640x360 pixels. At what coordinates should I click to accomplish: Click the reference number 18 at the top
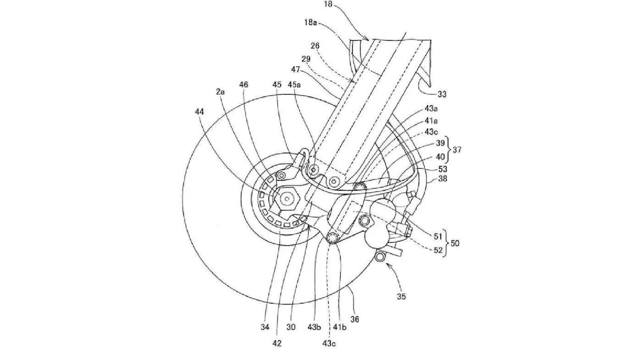(x=328, y=4)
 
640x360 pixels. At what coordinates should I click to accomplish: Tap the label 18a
(x=310, y=22)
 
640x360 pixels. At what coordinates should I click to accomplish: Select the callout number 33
(x=442, y=94)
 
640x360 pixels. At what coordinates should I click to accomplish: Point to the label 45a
(x=294, y=84)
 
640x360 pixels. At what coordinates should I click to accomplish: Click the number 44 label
(x=199, y=112)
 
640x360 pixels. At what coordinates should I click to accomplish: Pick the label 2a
(x=220, y=92)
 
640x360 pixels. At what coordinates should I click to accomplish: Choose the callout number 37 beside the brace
(x=457, y=150)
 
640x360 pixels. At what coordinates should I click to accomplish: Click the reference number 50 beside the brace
(x=455, y=244)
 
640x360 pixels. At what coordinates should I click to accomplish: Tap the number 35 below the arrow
(x=401, y=296)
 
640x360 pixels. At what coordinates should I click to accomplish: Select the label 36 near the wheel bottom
(x=354, y=319)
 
